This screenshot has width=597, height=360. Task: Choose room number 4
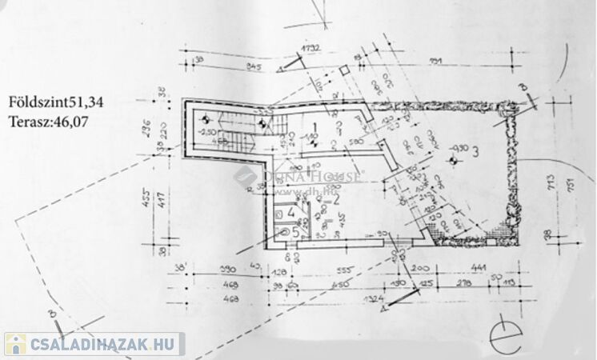(x=291, y=212)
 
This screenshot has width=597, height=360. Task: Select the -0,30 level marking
(x=458, y=148)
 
